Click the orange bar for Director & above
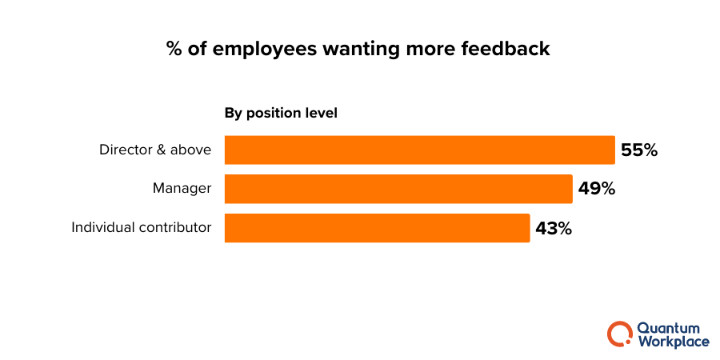click(419, 150)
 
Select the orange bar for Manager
click(398, 189)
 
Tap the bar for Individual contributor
click(377, 228)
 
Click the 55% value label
click(639, 150)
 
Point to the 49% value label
click(596, 189)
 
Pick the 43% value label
click(554, 228)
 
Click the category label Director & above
click(155, 150)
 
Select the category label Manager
click(182, 189)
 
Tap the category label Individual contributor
click(142, 227)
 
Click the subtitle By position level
click(281, 113)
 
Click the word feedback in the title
click(505, 49)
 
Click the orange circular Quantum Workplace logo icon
click(619, 334)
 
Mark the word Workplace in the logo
click(673, 342)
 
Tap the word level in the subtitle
click(321, 113)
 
